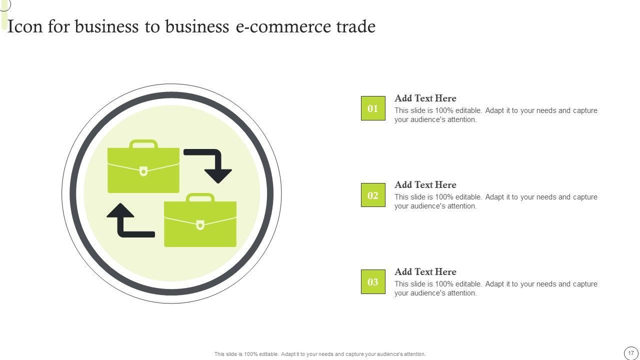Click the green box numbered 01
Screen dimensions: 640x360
click(373, 108)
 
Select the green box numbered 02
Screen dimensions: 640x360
click(373, 195)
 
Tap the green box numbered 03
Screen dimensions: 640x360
click(373, 282)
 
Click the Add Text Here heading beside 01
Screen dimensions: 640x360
click(425, 98)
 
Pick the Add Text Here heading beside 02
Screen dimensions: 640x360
click(425, 185)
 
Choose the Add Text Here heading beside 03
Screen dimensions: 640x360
click(425, 272)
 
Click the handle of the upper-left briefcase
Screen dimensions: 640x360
click(143, 143)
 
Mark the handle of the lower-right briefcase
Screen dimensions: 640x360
click(200, 197)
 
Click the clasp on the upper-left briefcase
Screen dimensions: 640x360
click(143, 171)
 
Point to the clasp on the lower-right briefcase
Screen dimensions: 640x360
click(200, 225)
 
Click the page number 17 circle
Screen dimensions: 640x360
click(631, 353)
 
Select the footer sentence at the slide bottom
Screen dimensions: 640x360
click(320, 354)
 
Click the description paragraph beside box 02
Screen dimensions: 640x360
click(495, 201)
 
